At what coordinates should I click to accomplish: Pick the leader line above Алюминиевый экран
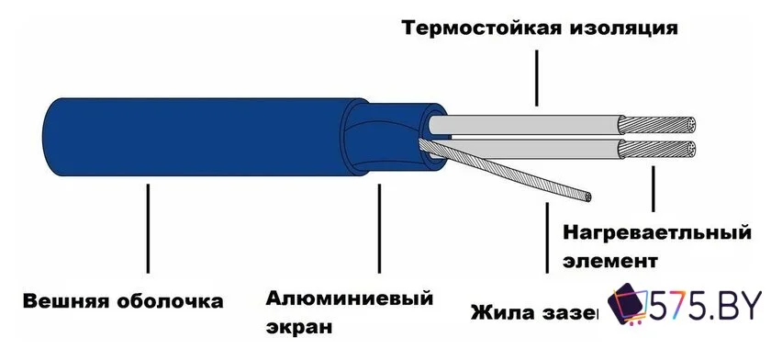pyautogui.click(x=376, y=230)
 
